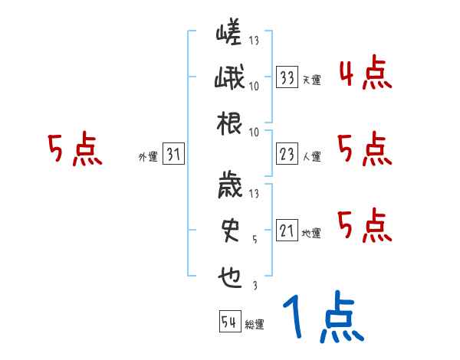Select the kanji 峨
pyautogui.click(x=229, y=78)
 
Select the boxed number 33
pyautogui.click(x=287, y=77)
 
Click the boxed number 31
pyautogui.click(x=173, y=155)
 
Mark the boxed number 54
pyautogui.click(x=229, y=322)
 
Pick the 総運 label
pyautogui.click(x=255, y=325)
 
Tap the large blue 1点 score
pyautogui.click(x=322, y=319)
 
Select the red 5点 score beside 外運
pyautogui.click(x=74, y=149)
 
